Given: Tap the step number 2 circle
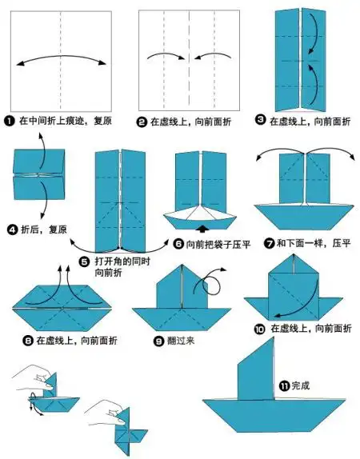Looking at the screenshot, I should (142, 122).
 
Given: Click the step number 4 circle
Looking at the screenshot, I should (13, 229).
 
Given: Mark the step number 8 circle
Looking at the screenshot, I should (29, 340).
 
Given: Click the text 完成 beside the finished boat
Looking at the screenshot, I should (299, 385).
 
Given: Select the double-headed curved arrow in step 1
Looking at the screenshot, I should (61, 60).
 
